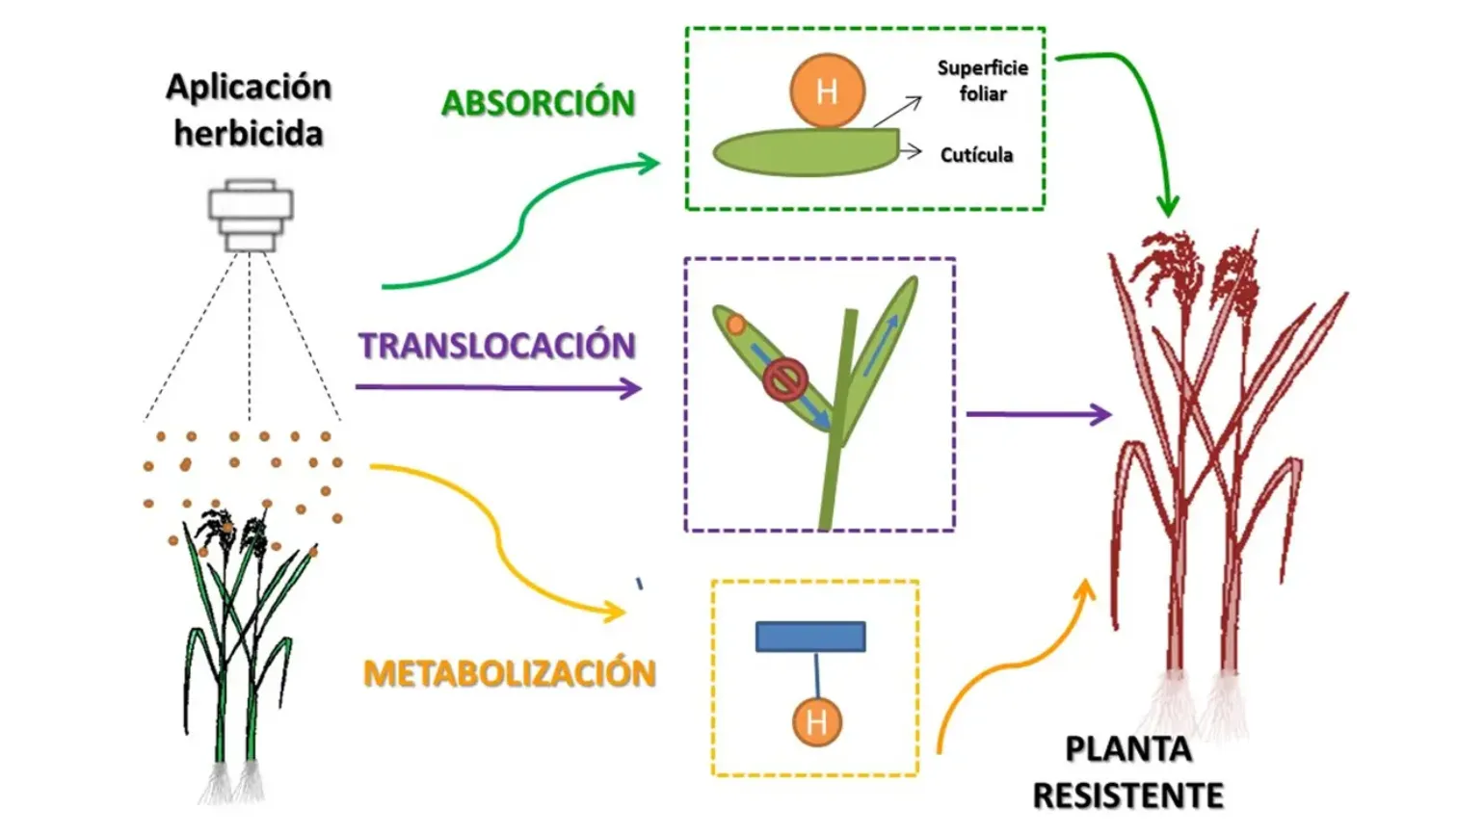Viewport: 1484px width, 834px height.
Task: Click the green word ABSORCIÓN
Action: (x=538, y=103)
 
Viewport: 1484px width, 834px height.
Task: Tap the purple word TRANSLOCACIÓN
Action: (x=497, y=345)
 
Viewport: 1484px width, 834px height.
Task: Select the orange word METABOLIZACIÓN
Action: (x=510, y=673)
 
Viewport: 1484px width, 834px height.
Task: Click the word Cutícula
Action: (x=976, y=155)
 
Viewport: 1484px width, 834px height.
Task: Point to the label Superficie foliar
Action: (x=983, y=81)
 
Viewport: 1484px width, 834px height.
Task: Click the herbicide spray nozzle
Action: (x=251, y=216)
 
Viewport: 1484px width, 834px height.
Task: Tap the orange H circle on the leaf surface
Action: (x=827, y=91)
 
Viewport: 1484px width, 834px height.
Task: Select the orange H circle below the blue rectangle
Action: (x=817, y=722)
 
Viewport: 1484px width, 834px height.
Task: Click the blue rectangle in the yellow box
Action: (x=811, y=637)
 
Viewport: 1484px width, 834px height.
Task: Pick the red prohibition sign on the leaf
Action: (x=785, y=380)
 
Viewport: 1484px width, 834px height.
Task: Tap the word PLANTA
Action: (x=1128, y=750)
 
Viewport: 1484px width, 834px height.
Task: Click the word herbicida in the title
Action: (x=249, y=133)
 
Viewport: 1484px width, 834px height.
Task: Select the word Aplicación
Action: (x=249, y=88)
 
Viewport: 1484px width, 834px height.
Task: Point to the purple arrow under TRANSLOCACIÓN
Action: (x=498, y=388)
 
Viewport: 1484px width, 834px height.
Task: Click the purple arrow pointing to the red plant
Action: (x=1039, y=414)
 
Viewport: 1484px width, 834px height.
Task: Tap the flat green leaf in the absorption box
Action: (x=806, y=152)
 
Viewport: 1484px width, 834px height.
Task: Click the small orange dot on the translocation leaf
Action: (x=735, y=325)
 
